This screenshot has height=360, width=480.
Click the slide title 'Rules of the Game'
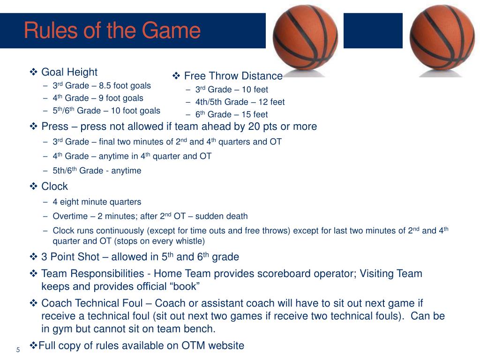coord(112,31)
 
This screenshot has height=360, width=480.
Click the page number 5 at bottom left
coord(18,350)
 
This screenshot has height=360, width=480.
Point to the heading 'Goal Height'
coord(69,72)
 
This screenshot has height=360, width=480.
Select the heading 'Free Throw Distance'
coord(233,76)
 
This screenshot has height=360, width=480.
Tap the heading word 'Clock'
coord(54,187)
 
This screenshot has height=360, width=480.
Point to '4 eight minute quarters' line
coord(97,202)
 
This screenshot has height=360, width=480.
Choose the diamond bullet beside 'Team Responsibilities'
coord(34,274)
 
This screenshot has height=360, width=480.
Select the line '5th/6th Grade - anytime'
coord(97,171)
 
